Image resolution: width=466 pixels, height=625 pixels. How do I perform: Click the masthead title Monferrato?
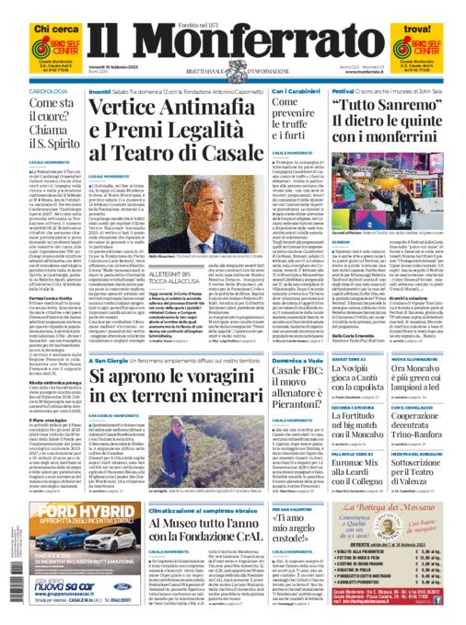pos(232,45)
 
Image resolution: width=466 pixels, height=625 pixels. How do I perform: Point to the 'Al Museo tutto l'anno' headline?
pos(193,542)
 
